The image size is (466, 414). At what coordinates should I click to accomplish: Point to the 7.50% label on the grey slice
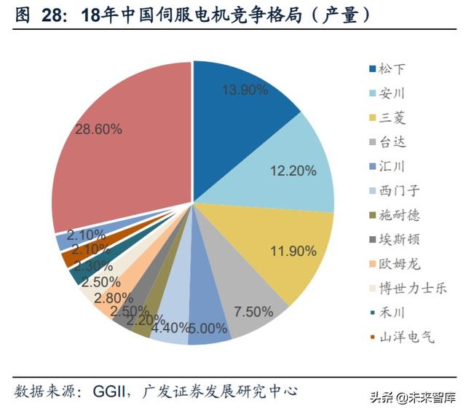point(253,311)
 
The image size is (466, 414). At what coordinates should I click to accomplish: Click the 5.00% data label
point(207,328)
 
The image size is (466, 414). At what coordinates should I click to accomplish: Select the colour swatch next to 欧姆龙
point(372,264)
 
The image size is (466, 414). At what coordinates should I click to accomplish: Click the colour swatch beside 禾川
point(372,313)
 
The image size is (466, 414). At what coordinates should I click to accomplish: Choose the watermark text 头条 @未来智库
point(411,398)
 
